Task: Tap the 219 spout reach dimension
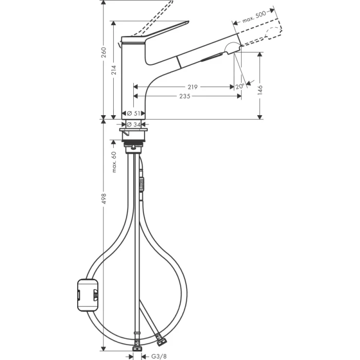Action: tap(192, 87)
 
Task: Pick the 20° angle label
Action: tap(239, 87)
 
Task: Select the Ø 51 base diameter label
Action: tap(134, 113)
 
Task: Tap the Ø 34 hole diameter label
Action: tap(134, 124)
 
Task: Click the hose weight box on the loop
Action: tap(87, 295)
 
